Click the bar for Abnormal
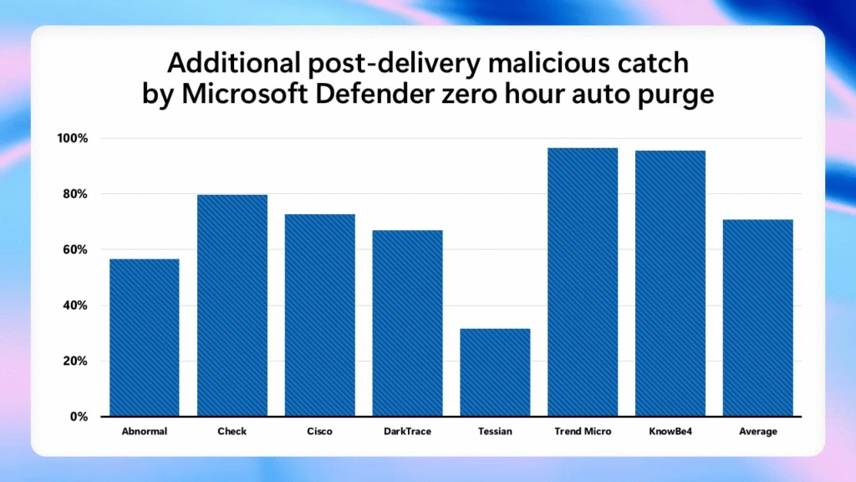tap(144, 337)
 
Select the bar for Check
tap(232, 305)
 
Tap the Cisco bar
tap(319, 315)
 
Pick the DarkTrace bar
tap(407, 323)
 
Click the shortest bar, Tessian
tap(495, 372)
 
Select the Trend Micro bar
tap(583, 282)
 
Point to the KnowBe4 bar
tap(670, 283)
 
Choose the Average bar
tap(758, 318)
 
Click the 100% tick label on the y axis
tap(72, 138)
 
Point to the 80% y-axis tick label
tap(74, 194)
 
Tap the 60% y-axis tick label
tap(74, 249)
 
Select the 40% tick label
tap(74, 305)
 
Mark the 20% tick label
tap(74, 361)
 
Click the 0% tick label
tap(78, 417)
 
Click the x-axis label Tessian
tap(495, 432)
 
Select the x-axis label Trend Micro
tap(583, 432)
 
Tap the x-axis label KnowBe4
tap(670, 432)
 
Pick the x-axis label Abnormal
tap(144, 432)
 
